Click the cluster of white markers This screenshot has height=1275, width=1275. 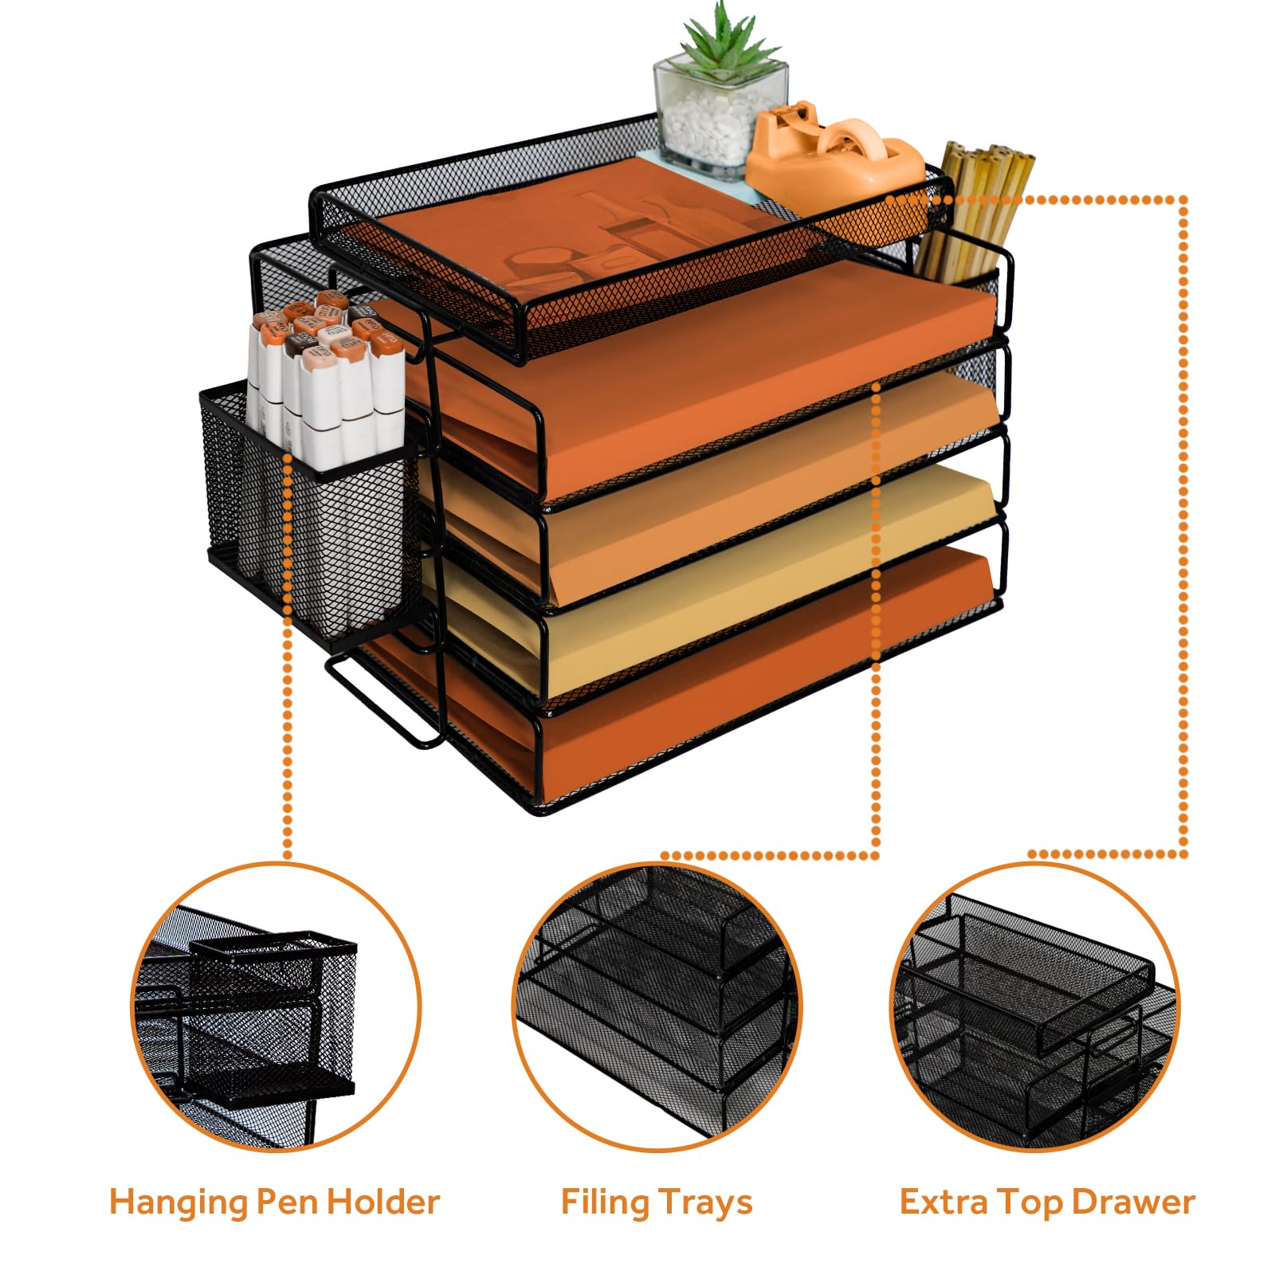tap(327, 375)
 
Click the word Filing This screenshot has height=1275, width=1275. tap(605, 1202)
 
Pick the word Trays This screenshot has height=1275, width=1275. tap(704, 1202)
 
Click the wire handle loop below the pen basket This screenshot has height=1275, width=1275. tap(382, 701)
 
